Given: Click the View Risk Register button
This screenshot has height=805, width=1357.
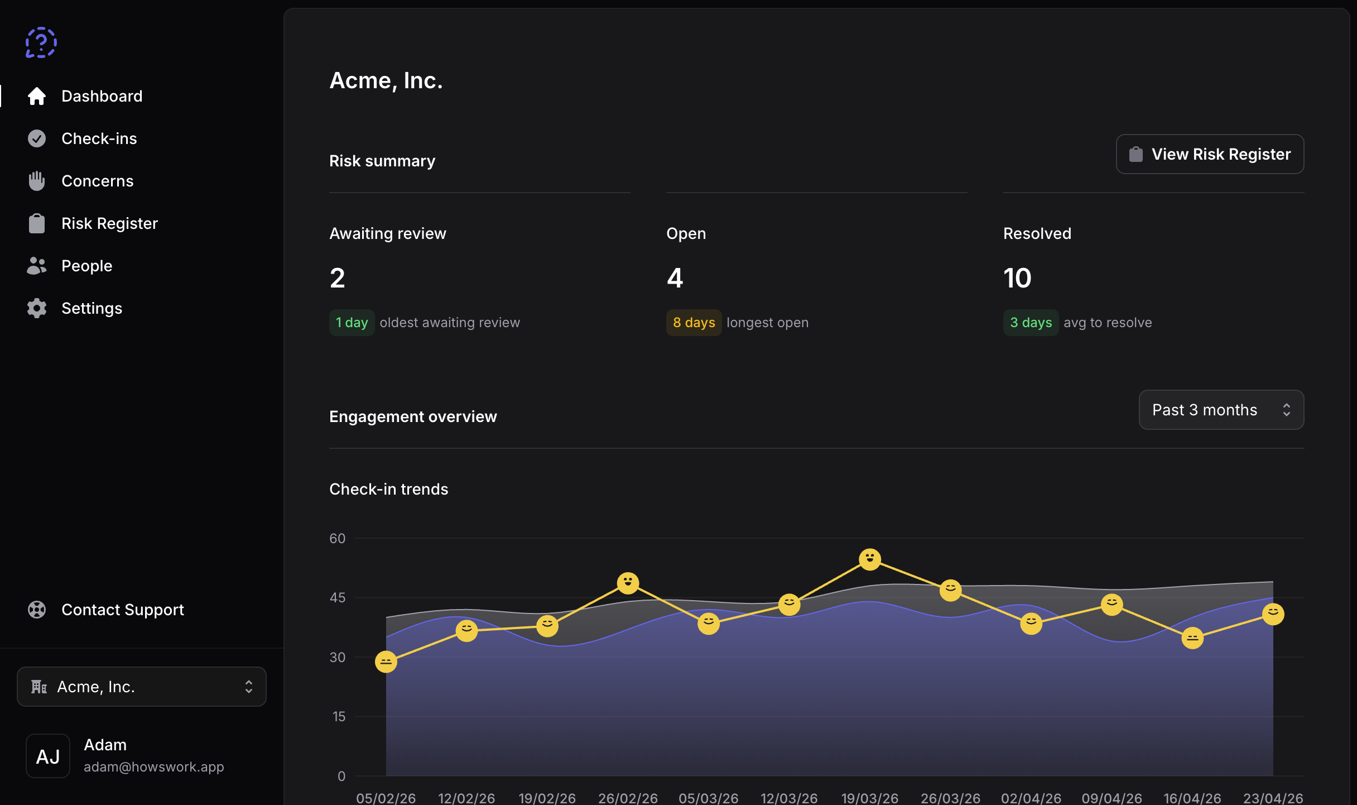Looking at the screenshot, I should pyautogui.click(x=1209, y=154).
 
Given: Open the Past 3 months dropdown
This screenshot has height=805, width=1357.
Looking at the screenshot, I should pyautogui.click(x=1220, y=410).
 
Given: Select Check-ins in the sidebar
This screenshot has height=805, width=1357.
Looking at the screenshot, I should pyautogui.click(x=99, y=138).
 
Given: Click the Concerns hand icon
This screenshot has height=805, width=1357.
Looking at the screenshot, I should pyautogui.click(x=37, y=181).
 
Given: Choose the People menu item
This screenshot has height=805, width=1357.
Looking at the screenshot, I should pyautogui.click(x=86, y=266).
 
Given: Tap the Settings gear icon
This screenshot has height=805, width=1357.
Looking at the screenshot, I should pyautogui.click(x=37, y=308).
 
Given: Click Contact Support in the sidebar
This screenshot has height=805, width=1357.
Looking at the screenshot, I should pyautogui.click(x=122, y=610).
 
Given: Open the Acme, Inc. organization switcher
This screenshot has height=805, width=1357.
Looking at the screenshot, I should pyautogui.click(x=142, y=687).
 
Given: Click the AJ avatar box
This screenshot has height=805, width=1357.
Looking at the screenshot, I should pyautogui.click(x=48, y=756).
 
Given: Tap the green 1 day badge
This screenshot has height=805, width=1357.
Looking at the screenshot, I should pyautogui.click(x=352, y=323).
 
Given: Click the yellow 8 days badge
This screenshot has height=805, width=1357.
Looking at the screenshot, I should pyautogui.click(x=694, y=323).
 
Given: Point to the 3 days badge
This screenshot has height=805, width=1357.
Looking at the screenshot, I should pyautogui.click(x=1031, y=323).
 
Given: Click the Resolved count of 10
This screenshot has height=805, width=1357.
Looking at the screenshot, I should pyautogui.click(x=1017, y=278).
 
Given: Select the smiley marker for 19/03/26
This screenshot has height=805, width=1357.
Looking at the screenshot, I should pyautogui.click(x=869, y=559).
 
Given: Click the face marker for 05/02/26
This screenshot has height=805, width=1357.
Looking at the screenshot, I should pyautogui.click(x=386, y=662).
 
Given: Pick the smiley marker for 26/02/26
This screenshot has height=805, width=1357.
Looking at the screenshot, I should pyautogui.click(x=628, y=583).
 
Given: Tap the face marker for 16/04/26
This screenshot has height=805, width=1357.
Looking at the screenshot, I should pyautogui.click(x=1192, y=638).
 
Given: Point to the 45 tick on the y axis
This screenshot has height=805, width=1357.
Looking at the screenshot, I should pyautogui.click(x=337, y=597).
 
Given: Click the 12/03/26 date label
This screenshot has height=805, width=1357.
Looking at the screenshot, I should pyautogui.click(x=789, y=798).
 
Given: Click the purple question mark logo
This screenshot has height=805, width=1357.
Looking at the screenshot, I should pyautogui.click(x=41, y=42).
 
